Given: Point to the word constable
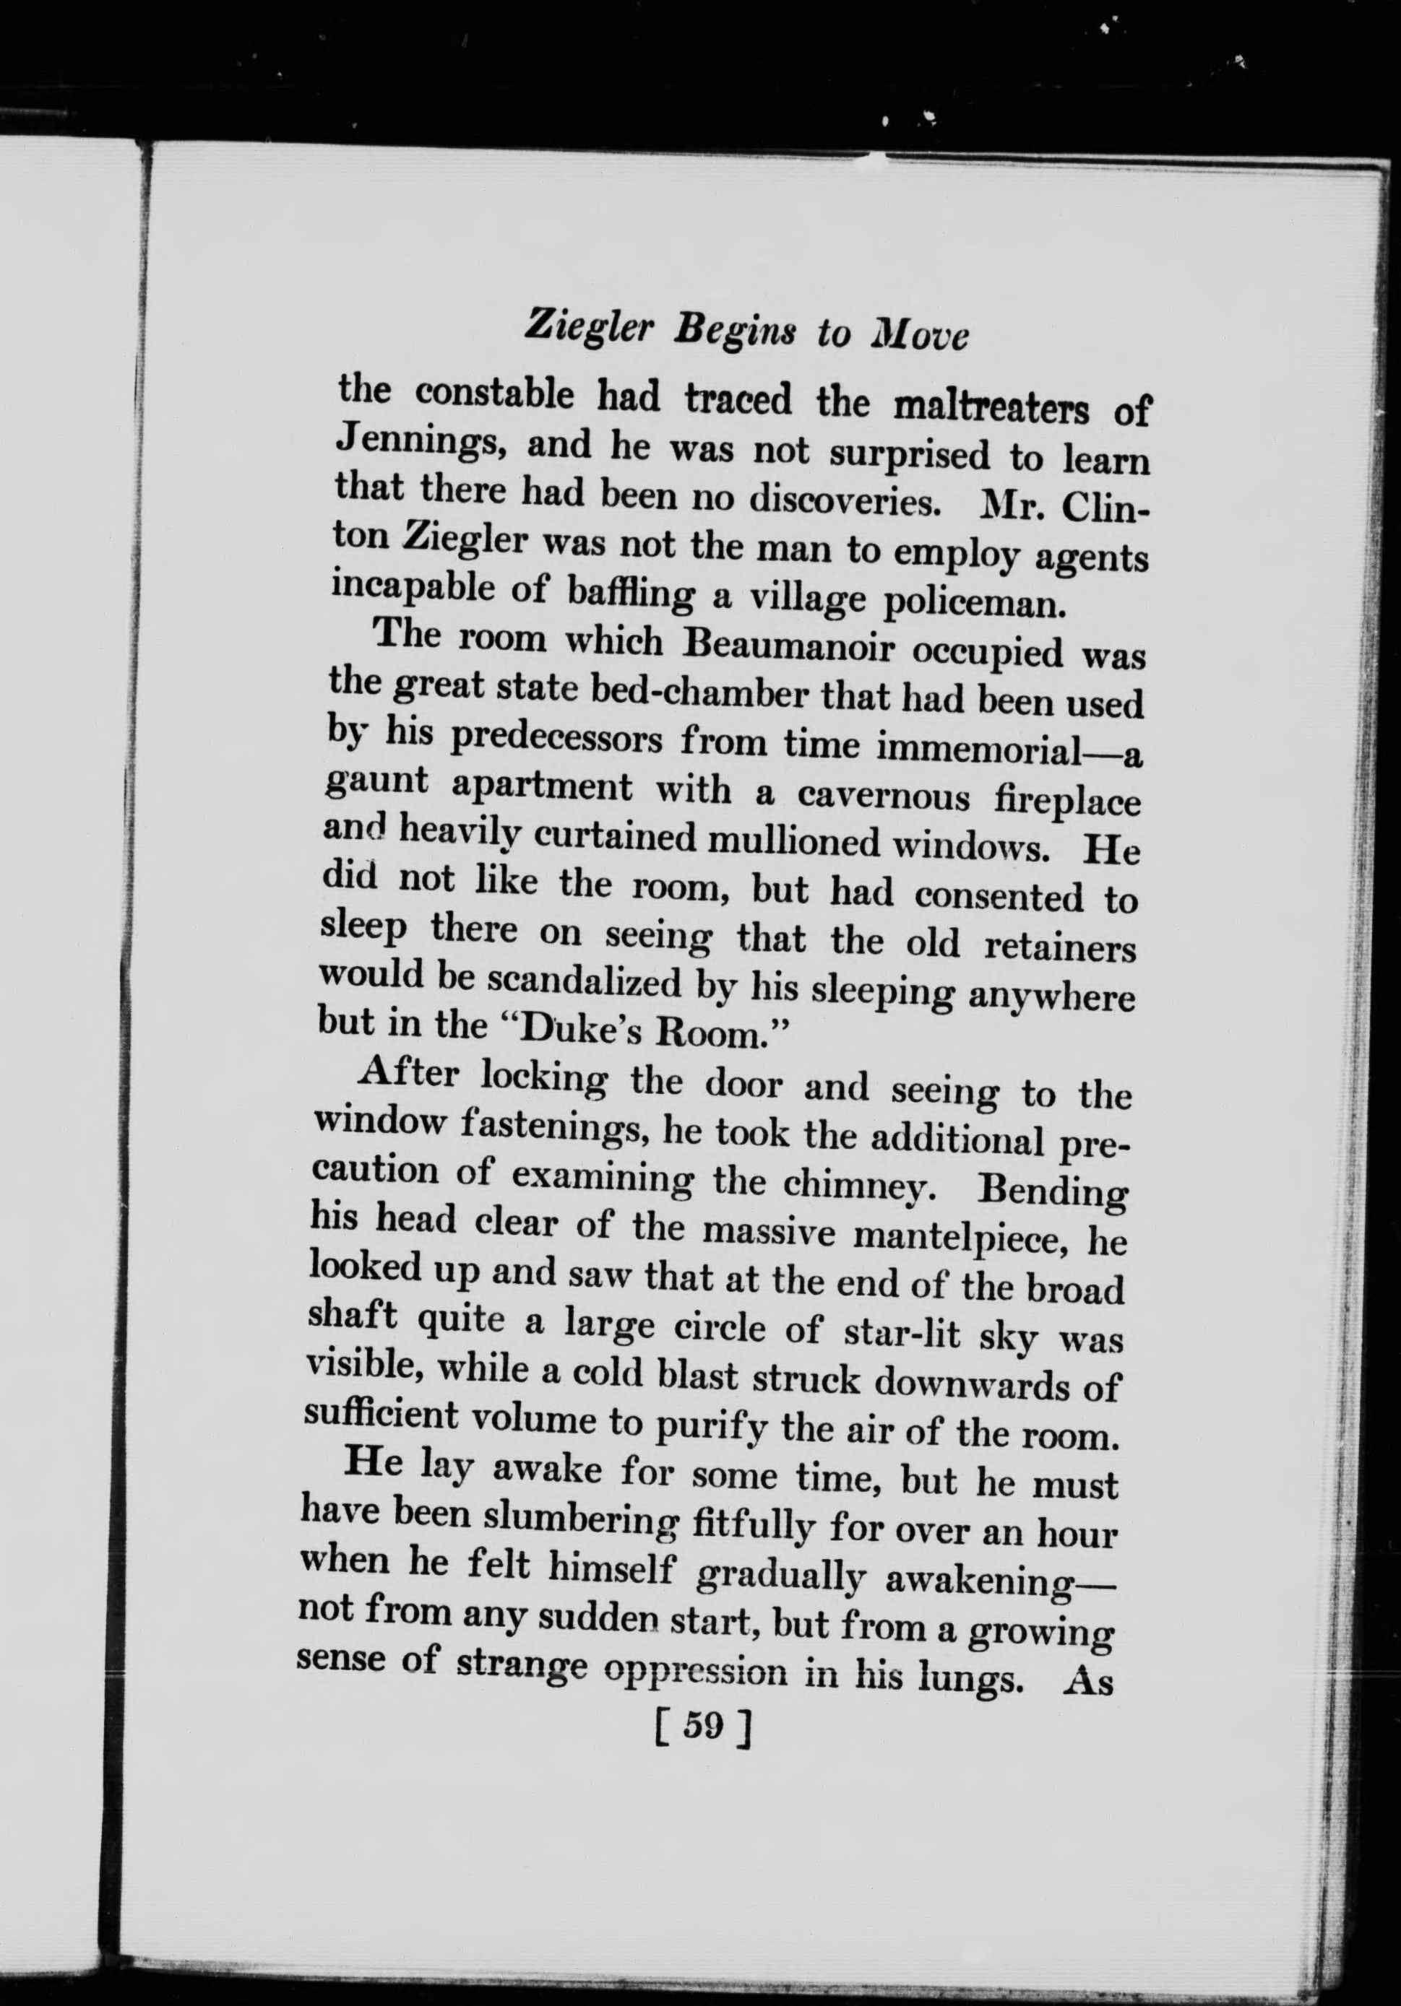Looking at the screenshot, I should tap(493, 396).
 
